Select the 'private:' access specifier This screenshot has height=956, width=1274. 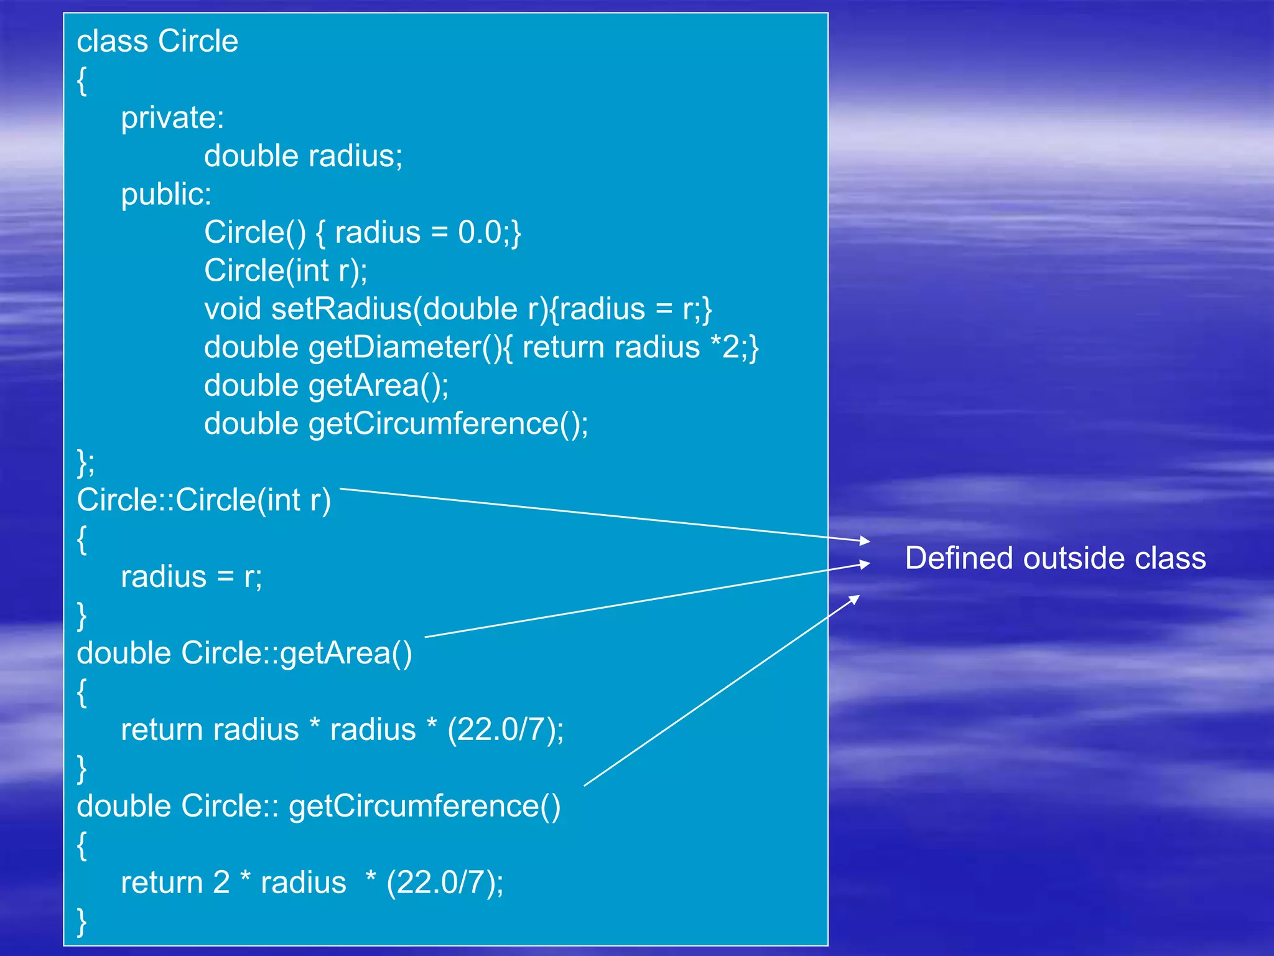172,118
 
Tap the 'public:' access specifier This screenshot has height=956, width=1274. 166,194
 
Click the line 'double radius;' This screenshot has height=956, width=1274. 303,156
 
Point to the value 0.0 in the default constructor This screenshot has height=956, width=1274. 480,232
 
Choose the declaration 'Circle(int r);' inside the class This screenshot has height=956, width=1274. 286,271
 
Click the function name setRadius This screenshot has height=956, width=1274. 342,309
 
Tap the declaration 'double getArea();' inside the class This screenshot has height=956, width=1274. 326,386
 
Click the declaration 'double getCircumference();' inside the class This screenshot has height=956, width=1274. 396,424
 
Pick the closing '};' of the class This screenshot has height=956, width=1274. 86,462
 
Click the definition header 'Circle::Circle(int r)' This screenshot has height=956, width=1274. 203,500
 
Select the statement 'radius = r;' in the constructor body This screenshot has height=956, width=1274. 191,577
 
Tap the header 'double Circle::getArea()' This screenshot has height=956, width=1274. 244,654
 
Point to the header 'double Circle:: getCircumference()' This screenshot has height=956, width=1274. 318,806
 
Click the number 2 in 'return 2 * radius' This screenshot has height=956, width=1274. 221,883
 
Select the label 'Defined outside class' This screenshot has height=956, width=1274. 1055,558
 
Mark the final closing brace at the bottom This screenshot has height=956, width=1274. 81,921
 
